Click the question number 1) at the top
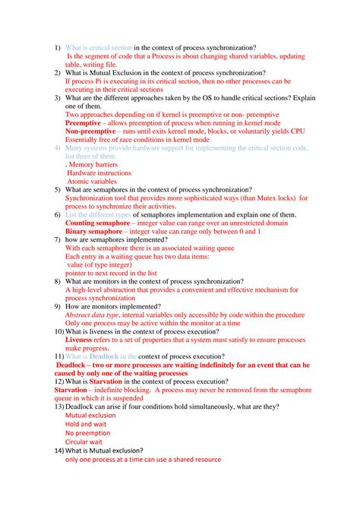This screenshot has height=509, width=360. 57,47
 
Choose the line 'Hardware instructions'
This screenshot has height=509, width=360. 99,172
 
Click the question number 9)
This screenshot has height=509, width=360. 57,306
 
